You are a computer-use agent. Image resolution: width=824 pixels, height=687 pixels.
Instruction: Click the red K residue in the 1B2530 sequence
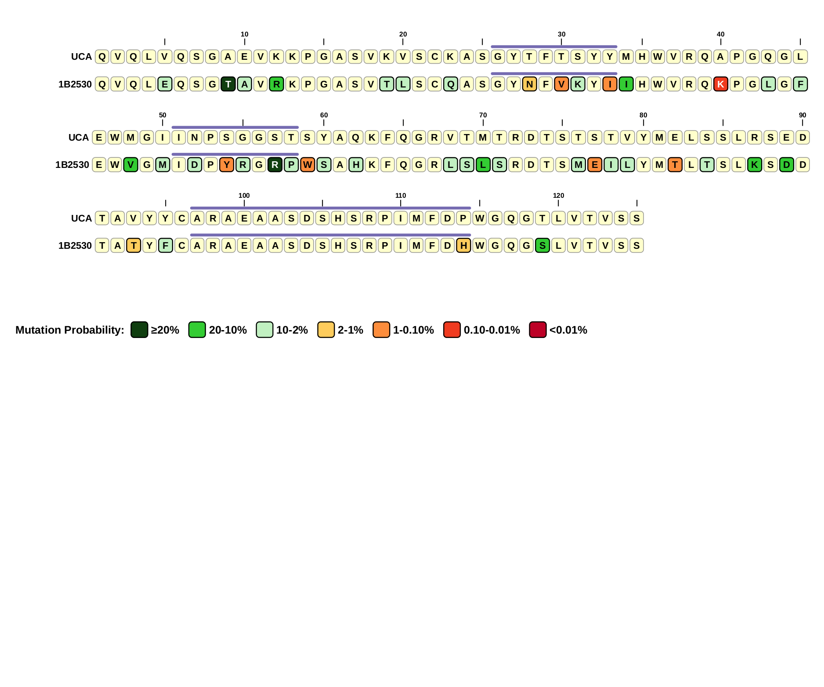[720, 84]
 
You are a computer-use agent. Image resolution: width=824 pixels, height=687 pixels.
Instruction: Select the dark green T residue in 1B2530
[228, 84]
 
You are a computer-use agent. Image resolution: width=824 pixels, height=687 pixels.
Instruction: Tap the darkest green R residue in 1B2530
[275, 165]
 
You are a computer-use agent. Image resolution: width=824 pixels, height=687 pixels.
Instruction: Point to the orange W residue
[307, 165]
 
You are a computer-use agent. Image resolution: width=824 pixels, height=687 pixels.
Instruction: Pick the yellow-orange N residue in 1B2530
[529, 84]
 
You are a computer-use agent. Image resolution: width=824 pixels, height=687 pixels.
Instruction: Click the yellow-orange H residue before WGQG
[463, 245]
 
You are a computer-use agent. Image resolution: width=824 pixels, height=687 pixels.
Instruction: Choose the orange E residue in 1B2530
[595, 165]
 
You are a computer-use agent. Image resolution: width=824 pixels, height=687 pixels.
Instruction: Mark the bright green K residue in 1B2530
[755, 165]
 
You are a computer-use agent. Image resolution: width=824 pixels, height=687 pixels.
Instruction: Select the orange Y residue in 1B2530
[227, 165]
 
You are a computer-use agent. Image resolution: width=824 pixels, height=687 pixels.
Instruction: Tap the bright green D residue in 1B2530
[787, 165]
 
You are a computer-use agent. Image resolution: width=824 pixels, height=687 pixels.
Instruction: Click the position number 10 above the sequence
[245, 34]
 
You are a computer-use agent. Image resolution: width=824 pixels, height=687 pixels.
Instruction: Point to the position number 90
[802, 115]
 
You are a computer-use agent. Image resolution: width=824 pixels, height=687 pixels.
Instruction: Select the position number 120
[558, 196]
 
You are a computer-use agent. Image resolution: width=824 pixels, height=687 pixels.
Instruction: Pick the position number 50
[163, 115]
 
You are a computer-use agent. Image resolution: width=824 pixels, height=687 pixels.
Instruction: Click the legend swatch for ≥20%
[139, 330]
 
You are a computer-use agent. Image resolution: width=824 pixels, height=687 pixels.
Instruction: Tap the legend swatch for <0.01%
[538, 330]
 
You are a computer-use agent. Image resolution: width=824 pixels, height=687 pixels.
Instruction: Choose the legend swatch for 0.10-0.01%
[452, 330]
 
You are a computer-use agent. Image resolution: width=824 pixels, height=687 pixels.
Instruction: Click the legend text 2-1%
[351, 330]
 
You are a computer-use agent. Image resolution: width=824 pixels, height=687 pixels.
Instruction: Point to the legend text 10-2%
[292, 330]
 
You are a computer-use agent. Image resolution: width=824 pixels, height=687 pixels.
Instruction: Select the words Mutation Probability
[70, 330]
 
